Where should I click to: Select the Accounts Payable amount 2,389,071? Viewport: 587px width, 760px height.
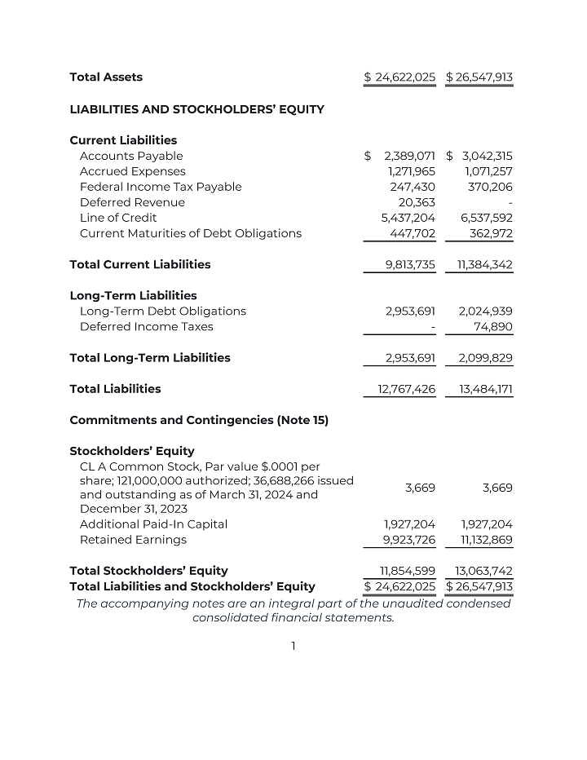pyautogui.click(x=411, y=156)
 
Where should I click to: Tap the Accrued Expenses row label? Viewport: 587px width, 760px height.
pyautogui.click(x=132, y=171)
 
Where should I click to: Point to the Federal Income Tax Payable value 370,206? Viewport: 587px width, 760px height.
pyautogui.click(x=488, y=187)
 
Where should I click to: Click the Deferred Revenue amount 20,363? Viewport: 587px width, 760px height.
pyautogui.click(x=417, y=202)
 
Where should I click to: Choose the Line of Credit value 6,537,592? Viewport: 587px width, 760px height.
pyautogui.click(x=487, y=218)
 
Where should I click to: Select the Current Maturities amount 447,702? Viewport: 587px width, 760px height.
pyautogui.click(x=414, y=233)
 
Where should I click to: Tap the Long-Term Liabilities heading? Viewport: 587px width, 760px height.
pyautogui.click(x=133, y=295)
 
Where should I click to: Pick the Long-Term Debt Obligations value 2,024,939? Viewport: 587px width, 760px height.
pyautogui.click(x=486, y=311)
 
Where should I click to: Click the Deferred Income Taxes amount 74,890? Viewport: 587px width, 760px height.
pyautogui.click(x=493, y=326)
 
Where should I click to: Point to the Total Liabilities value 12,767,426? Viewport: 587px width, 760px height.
pyautogui.click(x=406, y=389)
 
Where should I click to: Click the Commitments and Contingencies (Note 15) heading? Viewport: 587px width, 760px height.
pyautogui.click(x=199, y=420)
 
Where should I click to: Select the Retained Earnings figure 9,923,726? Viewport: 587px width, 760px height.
pyautogui.click(x=409, y=540)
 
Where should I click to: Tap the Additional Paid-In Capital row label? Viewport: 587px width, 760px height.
pyautogui.click(x=153, y=524)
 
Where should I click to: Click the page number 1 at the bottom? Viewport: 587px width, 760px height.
pyautogui.click(x=293, y=646)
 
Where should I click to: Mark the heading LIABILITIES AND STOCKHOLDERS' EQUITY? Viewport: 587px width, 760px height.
pyautogui.click(x=196, y=109)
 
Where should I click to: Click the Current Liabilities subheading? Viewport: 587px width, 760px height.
pyautogui.click(x=123, y=140)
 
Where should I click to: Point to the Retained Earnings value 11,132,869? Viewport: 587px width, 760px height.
pyautogui.click(x=487, y=540)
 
